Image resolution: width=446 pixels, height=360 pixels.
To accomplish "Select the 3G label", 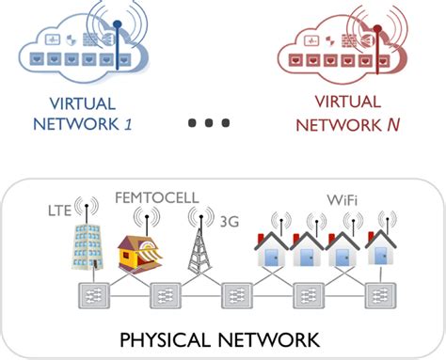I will pos(227,224).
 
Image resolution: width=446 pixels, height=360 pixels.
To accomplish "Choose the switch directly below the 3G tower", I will pos(235,296).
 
